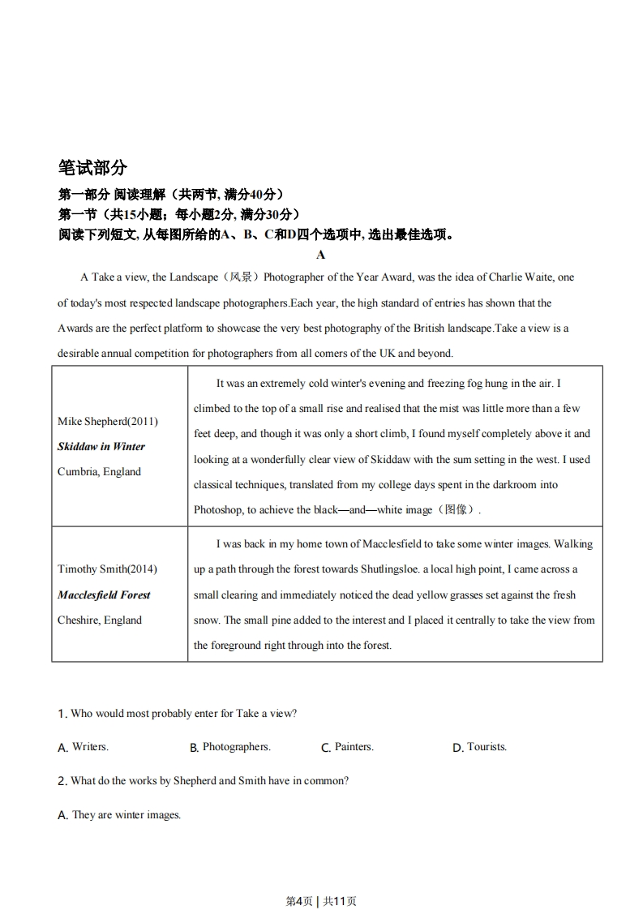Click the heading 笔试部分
coord(92,168)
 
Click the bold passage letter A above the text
coord(320,255)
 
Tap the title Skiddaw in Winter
coord(101,447)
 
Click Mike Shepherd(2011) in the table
coord(108,422)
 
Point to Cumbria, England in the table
coord(99,472)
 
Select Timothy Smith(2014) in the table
coord(107,569)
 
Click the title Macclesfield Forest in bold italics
coord(104,595)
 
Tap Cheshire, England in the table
coord(99,620)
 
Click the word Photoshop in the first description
coord(217,510)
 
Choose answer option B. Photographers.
coord(230,747)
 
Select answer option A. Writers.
coord(84,747)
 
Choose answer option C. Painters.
coord(348,747)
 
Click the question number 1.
coord(62,714)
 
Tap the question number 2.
coord(62,781)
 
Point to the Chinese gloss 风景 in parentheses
coord(240,277)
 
